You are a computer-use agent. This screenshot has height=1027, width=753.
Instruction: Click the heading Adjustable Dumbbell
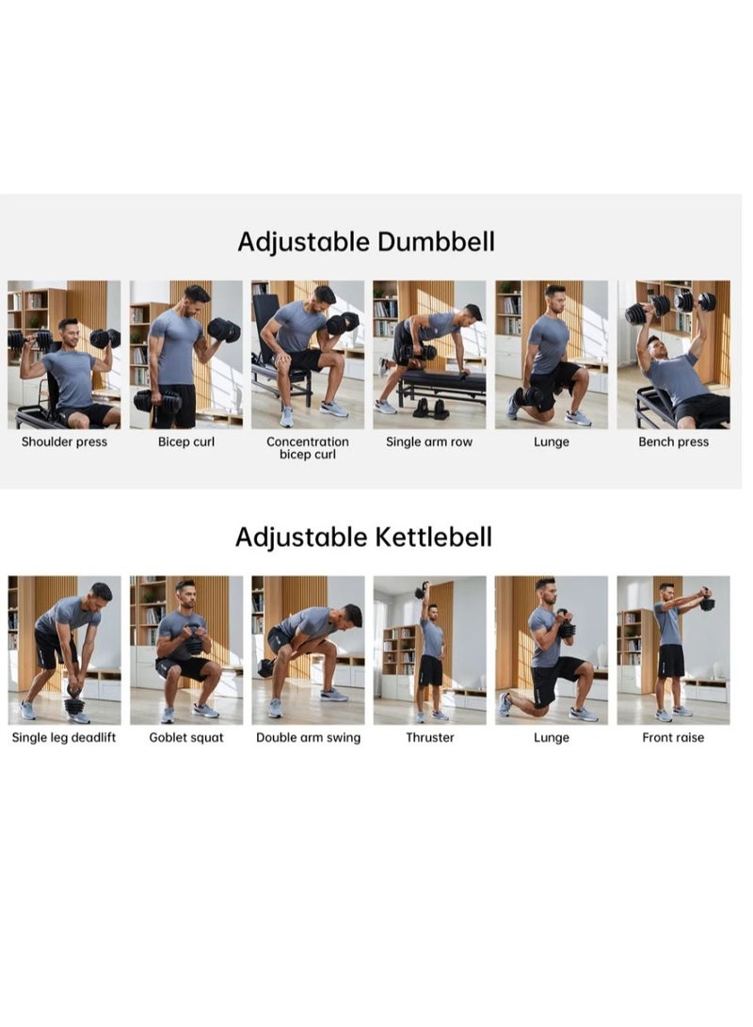365,242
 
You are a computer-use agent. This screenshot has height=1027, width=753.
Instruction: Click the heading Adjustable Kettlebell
363,538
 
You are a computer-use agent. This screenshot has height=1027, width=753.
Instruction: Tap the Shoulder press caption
64,441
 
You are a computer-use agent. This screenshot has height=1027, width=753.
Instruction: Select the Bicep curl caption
186,441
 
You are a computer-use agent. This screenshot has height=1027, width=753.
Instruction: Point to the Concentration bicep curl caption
308,448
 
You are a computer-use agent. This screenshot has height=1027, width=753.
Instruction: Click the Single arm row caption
429,441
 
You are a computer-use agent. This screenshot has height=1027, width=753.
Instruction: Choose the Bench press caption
673,441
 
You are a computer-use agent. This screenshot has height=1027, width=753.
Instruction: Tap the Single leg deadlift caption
64,737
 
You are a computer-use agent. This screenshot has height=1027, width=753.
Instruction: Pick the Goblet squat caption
186,737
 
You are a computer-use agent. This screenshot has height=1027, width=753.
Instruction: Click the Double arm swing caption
308,737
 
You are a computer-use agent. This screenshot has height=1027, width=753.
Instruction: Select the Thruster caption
429,737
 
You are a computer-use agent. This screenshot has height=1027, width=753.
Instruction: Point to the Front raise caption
673,737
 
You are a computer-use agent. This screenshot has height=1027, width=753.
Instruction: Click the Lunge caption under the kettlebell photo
552,737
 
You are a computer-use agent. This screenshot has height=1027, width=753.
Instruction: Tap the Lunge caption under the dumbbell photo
552,441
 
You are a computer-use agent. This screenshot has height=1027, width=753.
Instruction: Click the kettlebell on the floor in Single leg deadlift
74,702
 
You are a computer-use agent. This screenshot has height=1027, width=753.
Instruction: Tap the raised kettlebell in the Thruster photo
421,589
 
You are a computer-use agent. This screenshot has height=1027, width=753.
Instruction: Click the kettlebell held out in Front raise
706,602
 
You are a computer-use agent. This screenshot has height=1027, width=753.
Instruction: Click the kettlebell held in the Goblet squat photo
194,641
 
